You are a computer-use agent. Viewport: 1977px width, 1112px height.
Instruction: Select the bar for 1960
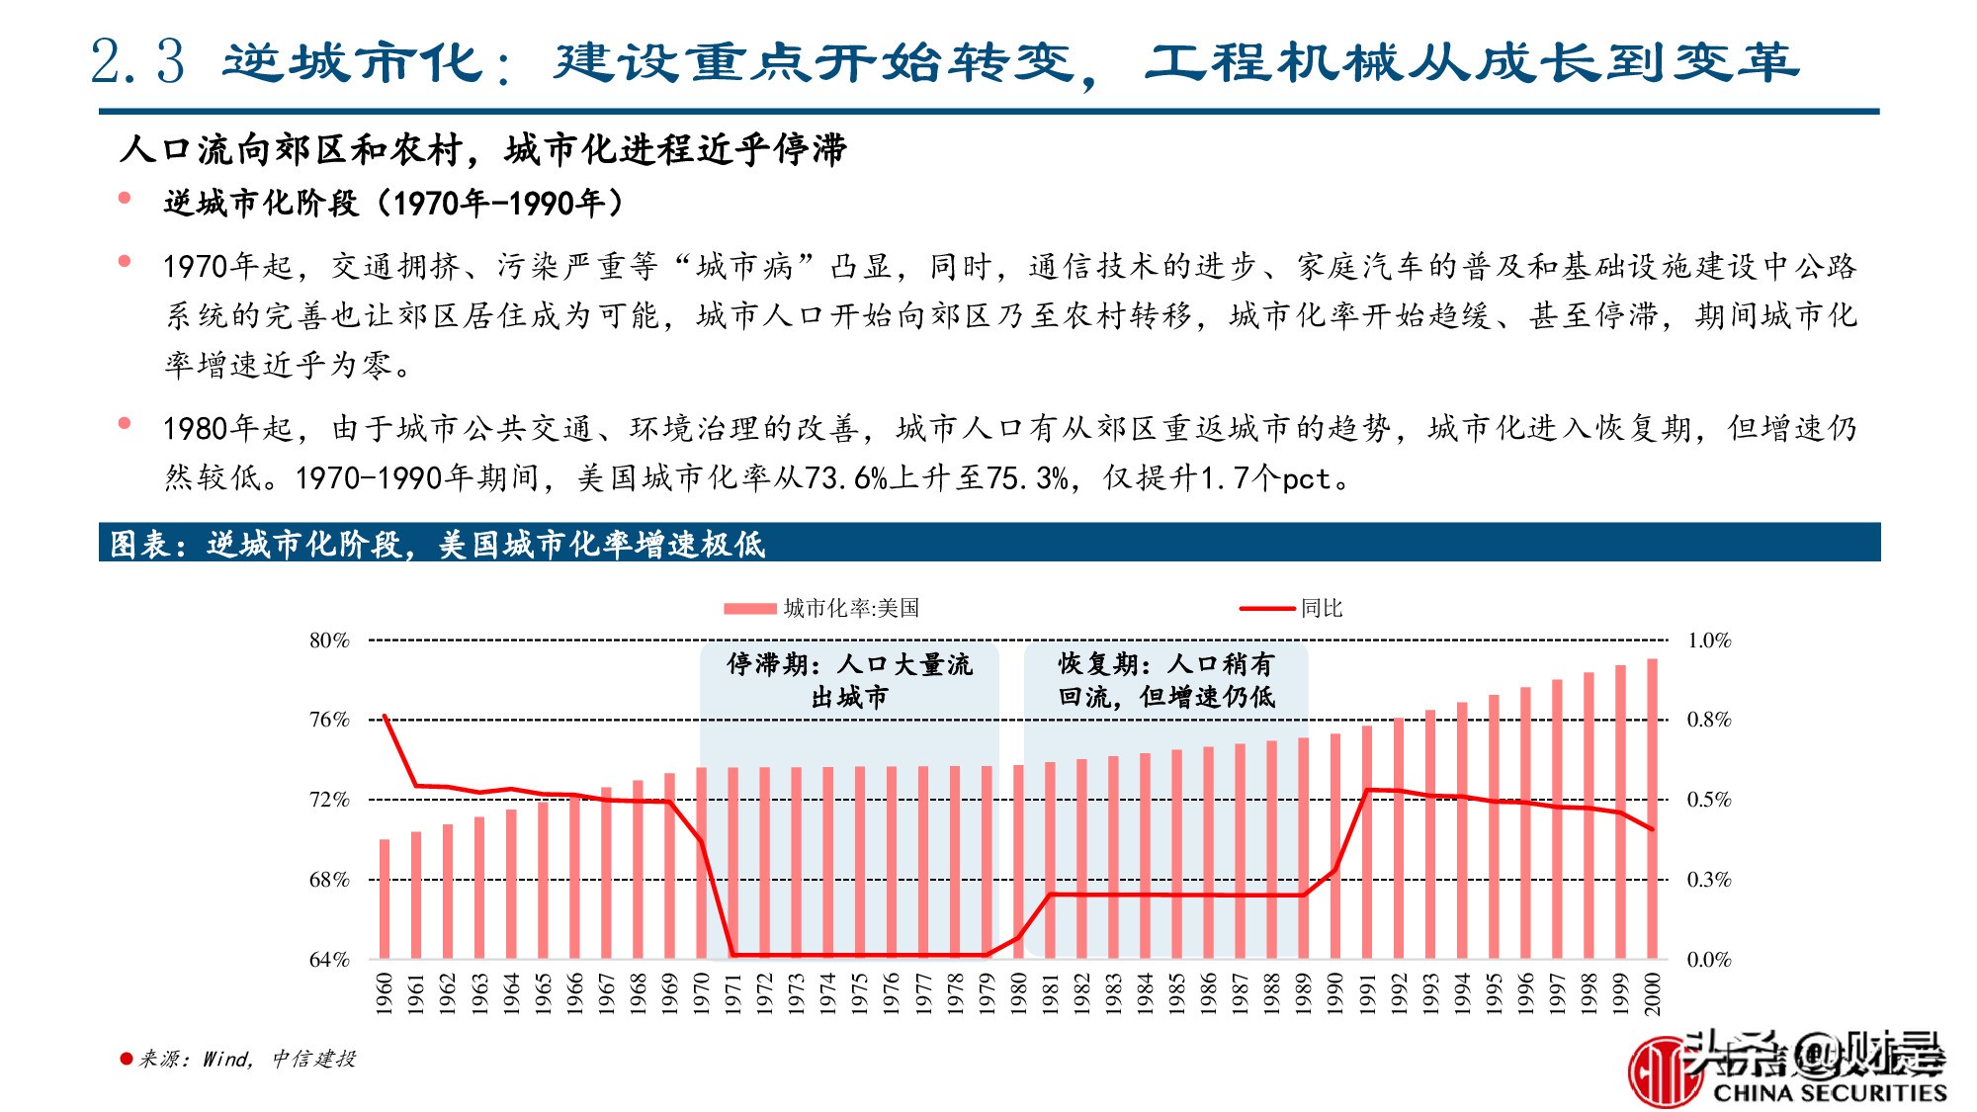(x=385, y=898)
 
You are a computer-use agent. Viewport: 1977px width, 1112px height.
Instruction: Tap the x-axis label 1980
(x=1018, y=993)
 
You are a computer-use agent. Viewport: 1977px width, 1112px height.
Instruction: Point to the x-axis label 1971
(x=733, y=993)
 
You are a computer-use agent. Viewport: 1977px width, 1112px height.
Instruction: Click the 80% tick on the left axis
(x=330, y=641)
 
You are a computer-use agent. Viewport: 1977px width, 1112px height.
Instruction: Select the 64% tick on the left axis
(x=330, y=959)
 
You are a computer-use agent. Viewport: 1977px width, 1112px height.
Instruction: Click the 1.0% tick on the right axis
(x=1708, y=641)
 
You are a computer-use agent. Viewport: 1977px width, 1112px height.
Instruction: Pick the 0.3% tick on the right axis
(x=1708, y=879)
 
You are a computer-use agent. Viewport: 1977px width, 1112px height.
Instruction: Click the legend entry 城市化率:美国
(x=851, y=608)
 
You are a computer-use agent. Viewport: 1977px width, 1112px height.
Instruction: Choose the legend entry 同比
(x=1321, y=608)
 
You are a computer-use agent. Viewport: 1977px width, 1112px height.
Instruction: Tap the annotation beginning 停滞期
(x=849, y=680)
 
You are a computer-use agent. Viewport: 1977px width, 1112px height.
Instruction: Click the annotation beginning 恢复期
(x=1166, y=680)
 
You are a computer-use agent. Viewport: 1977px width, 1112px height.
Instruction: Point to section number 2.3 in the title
(x=137, y=61)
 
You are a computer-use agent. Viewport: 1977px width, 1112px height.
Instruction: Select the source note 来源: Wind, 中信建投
(x=246, y=1059)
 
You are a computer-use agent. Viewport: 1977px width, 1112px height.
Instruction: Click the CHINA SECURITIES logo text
(x=1829, y=1092)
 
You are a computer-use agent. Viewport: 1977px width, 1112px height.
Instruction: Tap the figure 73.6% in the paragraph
(x=845, y=478)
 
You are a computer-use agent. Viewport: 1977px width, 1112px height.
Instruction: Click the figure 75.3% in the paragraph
(x=1027, y=478)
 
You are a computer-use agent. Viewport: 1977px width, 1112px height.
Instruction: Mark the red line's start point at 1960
(x=385, y=716)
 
